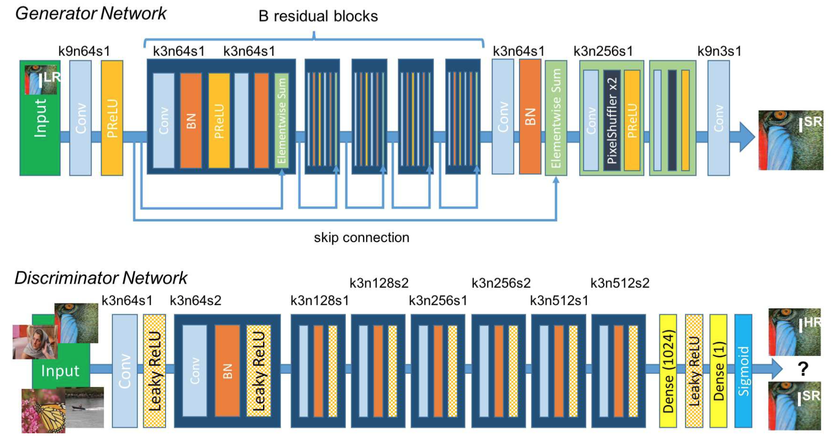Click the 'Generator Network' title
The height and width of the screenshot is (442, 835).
[x=91, y=13]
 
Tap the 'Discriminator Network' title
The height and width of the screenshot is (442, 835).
[x=101, y=278]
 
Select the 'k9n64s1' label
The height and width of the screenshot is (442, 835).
[x=84, y=51]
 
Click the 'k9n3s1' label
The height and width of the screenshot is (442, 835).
[x=719, y=51]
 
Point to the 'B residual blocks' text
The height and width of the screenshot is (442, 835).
[x=318, y=16]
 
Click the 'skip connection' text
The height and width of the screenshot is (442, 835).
[x=361, y=237]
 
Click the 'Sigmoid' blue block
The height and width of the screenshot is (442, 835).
[x=743, y=371]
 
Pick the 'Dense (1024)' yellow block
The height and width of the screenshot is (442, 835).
[x=668, y=371]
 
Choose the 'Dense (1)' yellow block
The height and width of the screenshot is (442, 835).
[x=718, y=371]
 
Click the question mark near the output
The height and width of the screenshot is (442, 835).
[x=803, y=369]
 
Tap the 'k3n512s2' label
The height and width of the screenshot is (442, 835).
[x=620, y=283]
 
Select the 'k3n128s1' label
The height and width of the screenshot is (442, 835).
[x=320, y=301]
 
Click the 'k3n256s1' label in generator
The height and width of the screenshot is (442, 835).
[x=603, y=51]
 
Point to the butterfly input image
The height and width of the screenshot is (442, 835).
[x=43, y=411]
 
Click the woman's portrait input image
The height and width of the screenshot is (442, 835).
[x=34, y=342]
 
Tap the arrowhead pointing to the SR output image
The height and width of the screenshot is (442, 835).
[x=746, y=137]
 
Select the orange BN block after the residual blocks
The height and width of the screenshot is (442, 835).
[x=530, y=117]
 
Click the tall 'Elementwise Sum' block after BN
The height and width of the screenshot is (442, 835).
[x=556, y=118]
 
